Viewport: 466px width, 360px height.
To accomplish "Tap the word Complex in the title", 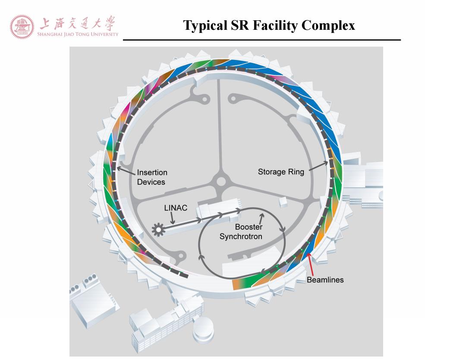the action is pos(328,25).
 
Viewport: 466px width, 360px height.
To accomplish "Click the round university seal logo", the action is pos(22,27).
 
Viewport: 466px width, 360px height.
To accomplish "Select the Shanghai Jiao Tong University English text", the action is pos(78,34).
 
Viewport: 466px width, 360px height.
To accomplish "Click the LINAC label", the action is pos(176,208).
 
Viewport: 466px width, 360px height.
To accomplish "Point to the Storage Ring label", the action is pos(281,172).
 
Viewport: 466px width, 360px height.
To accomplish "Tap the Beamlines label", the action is pos(325,280).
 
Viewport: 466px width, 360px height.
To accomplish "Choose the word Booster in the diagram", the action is pos(249,227).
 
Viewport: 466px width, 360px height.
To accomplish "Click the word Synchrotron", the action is pos(241,237).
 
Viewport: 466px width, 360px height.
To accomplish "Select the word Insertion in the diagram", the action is pos(152,172).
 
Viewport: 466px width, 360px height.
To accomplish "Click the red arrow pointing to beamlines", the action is pos(310,264).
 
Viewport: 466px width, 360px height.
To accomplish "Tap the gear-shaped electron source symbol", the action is pos(158,230).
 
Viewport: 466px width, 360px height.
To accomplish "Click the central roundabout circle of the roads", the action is pos(221,181).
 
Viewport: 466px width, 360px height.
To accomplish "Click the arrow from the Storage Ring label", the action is pos(318,166).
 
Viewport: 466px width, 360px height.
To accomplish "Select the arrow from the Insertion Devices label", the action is pos(126,171).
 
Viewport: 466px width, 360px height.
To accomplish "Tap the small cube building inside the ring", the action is pos(283,202).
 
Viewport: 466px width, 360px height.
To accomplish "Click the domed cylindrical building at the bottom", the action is pos(203,329).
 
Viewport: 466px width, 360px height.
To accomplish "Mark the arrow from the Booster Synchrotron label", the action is pos(261,219).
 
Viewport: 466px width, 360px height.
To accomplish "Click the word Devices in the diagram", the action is pos(151,182).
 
